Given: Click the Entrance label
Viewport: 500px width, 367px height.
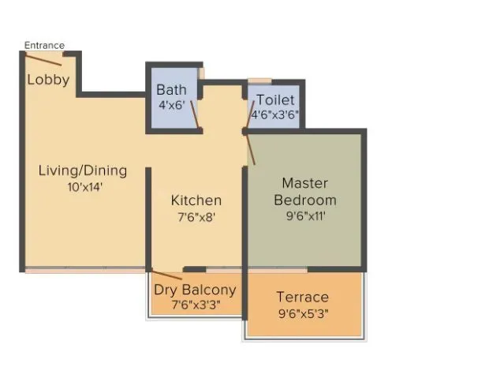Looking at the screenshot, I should (x=44, y=45).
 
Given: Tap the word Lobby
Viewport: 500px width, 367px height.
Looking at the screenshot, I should (x=48, y=80).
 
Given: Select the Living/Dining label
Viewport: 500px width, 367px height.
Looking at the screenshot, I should (x=83, y=170).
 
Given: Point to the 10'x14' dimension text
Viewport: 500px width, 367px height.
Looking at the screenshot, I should (x=85, y=187).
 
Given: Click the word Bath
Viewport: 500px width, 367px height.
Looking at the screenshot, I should (x=171, y=89).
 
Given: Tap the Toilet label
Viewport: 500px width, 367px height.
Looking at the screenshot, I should (x=275, y=100).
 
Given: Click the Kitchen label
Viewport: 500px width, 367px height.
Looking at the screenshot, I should (x=196, y=200).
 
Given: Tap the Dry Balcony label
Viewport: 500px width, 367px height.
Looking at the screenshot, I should (x=195, y=290).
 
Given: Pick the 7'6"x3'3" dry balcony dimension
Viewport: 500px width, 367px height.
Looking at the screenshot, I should (x=194, y=305).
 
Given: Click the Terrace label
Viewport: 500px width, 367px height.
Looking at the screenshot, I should (x=303, y=297).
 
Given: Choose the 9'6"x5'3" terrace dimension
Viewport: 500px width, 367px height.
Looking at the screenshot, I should (x=304, y=314).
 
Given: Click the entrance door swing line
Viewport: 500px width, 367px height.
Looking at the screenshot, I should (x=42, y=59).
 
